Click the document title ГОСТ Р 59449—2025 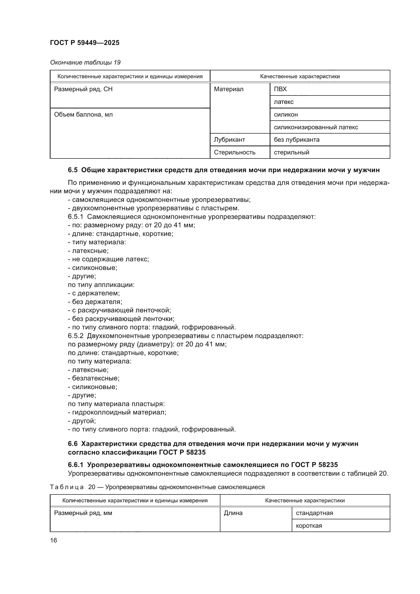85,43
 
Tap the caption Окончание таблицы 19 85,62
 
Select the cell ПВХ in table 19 280,89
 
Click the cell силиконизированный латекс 316,127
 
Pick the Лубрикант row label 229,140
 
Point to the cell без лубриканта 296,140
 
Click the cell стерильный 291,152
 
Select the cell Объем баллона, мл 83,115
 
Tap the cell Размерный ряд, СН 83,89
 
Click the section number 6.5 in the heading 73,170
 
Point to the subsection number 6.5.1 75,217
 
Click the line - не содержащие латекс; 108,259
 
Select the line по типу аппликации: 101,285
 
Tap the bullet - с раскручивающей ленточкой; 119,310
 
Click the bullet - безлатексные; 94,378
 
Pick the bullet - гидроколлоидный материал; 117,412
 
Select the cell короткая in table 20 309,526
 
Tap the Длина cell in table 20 233,513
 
